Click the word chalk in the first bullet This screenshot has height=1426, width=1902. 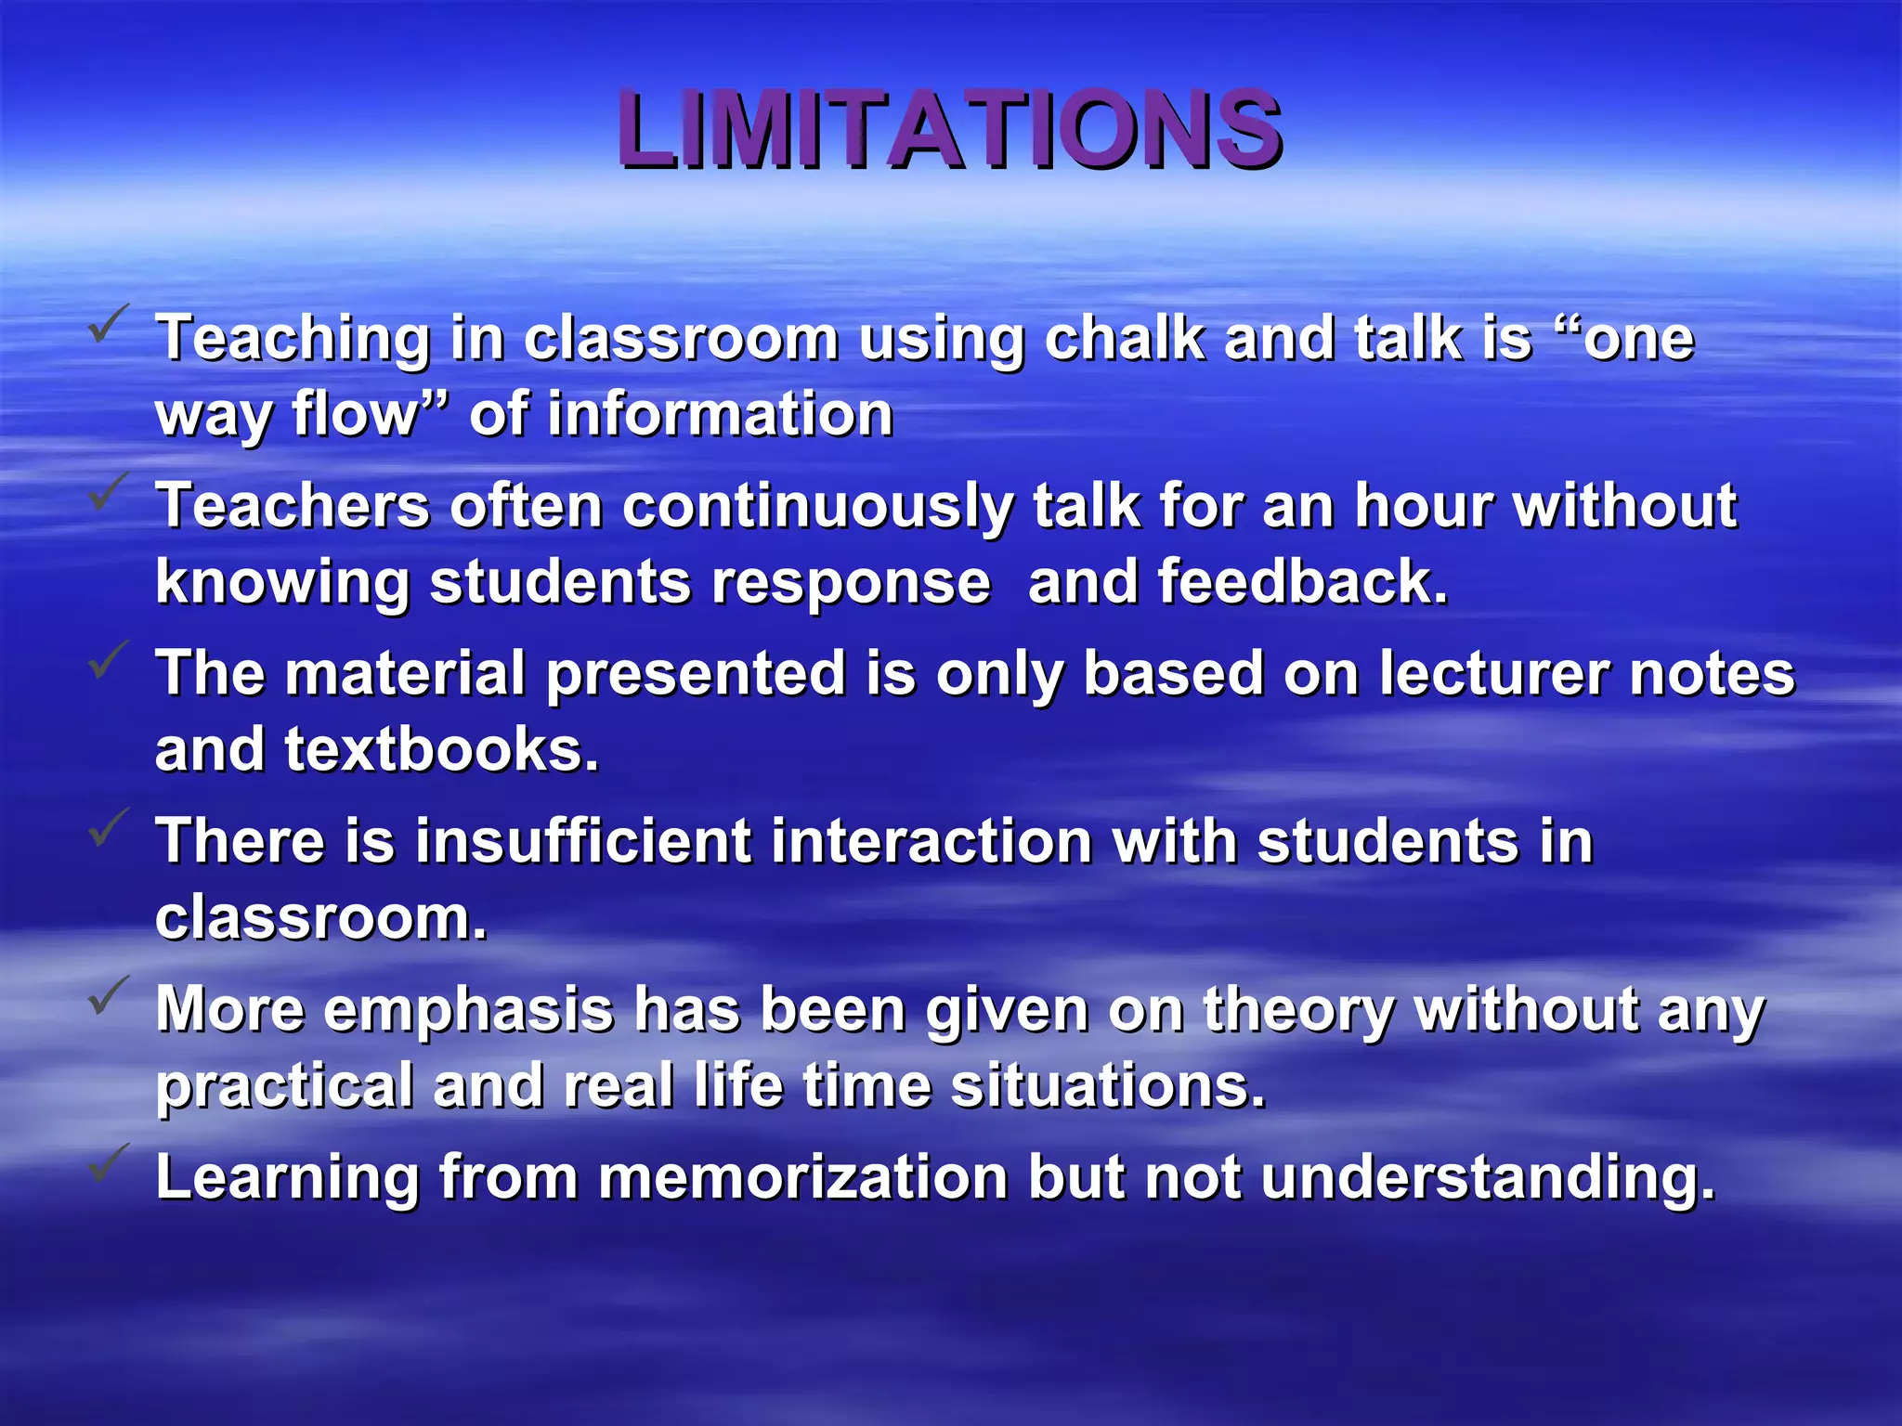pyautogui.click(x=1124, y=338)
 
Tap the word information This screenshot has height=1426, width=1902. pyautogui.click(x=720, y=414)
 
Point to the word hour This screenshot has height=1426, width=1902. pyautogui.click(x=1424, y=506)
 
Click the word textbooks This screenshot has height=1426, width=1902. pyautogui.click(x=441, y=749)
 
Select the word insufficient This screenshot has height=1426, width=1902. pyautogui.click(x=583, y=841)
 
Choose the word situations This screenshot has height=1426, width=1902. pyautogui.click(x=1108, y=1086)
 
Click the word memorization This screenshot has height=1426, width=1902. pyautogui.click(x=803, y=1177)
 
